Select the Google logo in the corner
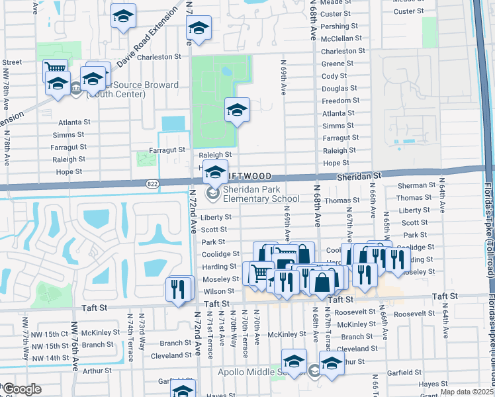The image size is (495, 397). coord(22,389)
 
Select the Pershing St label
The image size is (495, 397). coord(339,26)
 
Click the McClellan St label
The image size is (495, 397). coord(341,38)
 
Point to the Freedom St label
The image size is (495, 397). coord(340,101)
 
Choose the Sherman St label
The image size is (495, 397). coord(416,186)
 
